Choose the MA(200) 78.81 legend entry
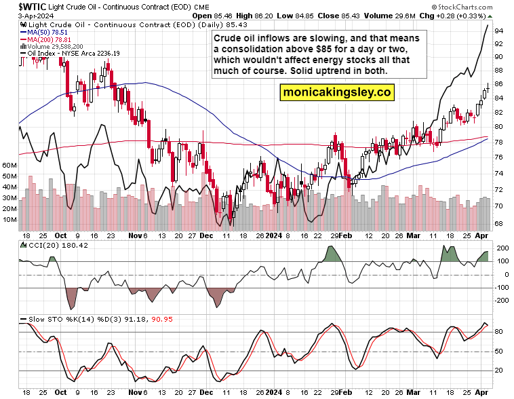pos(50,39)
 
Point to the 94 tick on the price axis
pos(498,31)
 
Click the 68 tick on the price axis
pos(498,223)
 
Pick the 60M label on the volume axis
pos(9,165)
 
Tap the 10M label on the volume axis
pos(9,219)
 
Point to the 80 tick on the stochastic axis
pos(498,332)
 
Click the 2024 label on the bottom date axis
pos(273,392)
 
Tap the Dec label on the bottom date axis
pos(206,392)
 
